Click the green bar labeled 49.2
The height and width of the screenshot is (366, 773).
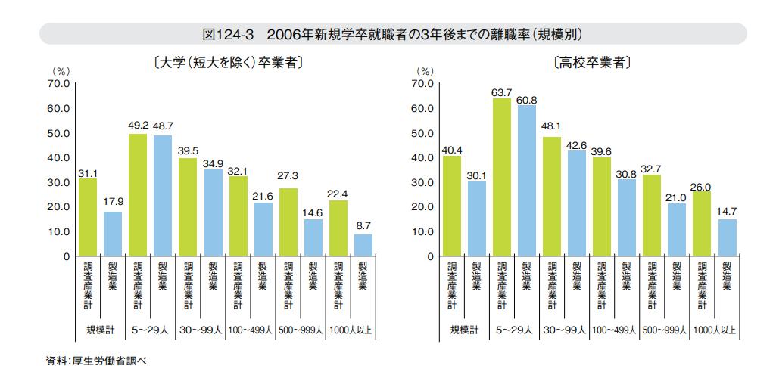(137, 195)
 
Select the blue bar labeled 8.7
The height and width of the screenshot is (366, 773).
(363, 245)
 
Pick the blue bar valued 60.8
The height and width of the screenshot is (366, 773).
(526, 181)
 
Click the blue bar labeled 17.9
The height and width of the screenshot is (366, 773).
(112, 234)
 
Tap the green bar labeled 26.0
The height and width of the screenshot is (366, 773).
(701, 224)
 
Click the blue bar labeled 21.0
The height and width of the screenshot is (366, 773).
(676, 230)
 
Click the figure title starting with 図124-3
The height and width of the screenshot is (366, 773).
(392, 34)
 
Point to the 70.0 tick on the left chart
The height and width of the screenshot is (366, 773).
(58, 84)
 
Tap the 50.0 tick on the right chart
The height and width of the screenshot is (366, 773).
(424, 133)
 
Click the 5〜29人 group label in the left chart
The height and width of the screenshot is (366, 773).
(149, 330)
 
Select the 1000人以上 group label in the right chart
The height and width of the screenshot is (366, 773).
(713, 330)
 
